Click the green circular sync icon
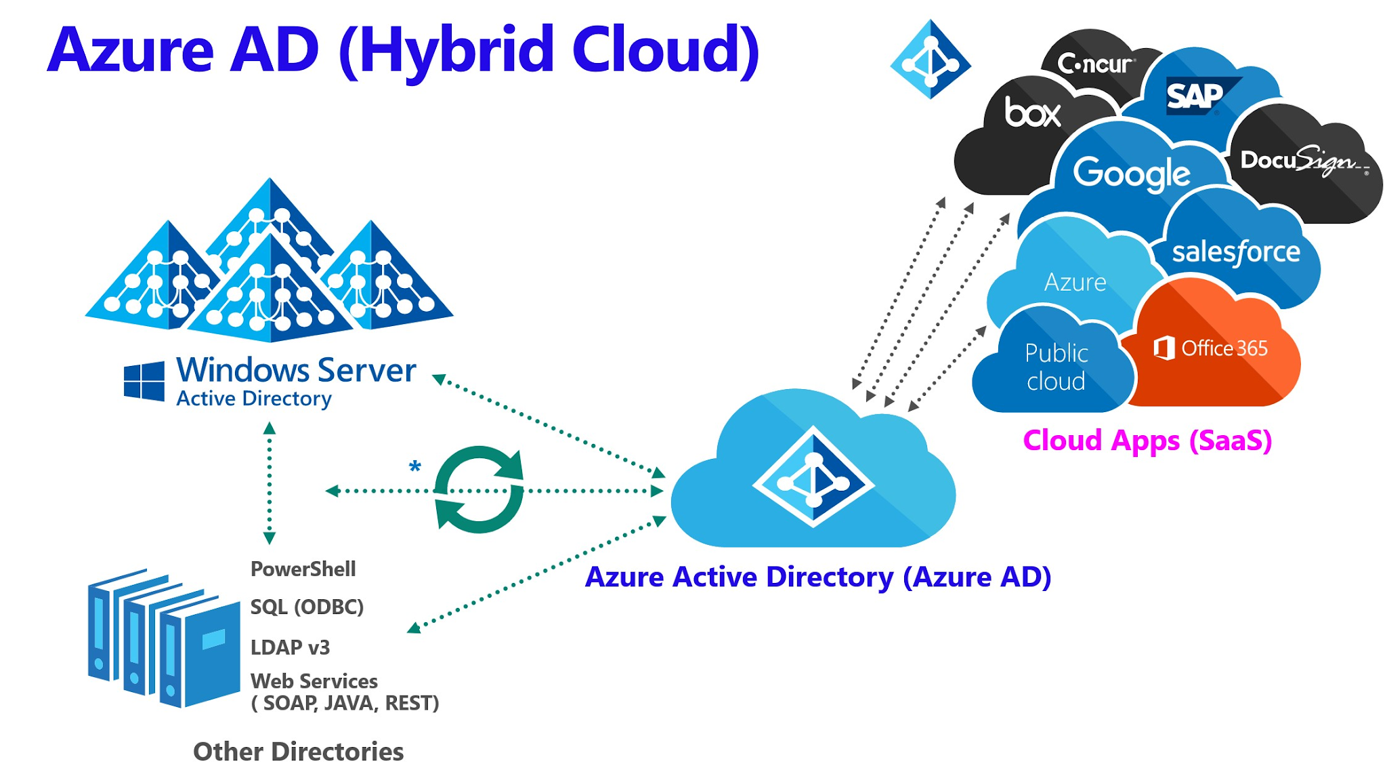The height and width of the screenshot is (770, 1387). pos(479,489)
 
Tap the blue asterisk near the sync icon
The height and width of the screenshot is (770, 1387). pos(415,466)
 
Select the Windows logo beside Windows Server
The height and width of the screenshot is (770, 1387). pos(144,381)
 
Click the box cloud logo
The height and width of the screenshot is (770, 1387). pos(1032,113)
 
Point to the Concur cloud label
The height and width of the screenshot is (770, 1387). pos(1094,64)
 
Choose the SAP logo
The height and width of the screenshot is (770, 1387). pos(1195,96)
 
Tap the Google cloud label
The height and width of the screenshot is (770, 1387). pos(1132,174)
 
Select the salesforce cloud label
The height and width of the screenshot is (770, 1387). pos(1235,252)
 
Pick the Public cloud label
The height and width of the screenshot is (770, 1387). pos(1056,367)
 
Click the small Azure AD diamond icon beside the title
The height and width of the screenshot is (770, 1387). pos(931,60)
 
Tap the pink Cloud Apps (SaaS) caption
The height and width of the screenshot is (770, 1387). pos(1147,441)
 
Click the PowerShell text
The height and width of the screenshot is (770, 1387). pos(303,569)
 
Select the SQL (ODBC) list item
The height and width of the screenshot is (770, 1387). pos(307,607)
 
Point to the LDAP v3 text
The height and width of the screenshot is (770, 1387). pos(290,647)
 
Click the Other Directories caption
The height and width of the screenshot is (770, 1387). pos(298,751)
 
